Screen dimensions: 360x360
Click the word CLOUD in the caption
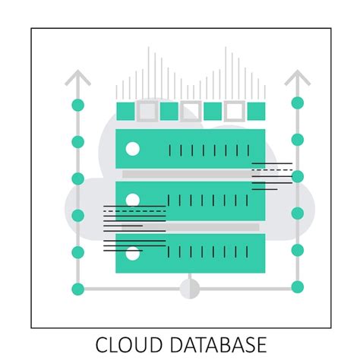point(126,344)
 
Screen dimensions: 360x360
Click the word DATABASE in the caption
point(210,344)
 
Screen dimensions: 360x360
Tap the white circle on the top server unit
point(132,149)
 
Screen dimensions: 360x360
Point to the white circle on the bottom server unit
point(132,254)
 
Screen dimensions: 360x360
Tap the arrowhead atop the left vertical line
point(77,77)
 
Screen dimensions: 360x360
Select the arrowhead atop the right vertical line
point(297,77)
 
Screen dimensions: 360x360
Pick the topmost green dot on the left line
point(77,105)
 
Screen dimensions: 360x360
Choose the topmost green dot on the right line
point(297,103)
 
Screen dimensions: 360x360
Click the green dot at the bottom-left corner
point(77,289)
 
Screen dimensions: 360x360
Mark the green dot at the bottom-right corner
point(297,287)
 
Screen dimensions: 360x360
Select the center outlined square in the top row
point(191,112)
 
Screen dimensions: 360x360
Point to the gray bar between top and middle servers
point(186,175)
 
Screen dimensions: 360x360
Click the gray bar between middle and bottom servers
point(190,227)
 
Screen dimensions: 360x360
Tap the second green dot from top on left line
point(77,142)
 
